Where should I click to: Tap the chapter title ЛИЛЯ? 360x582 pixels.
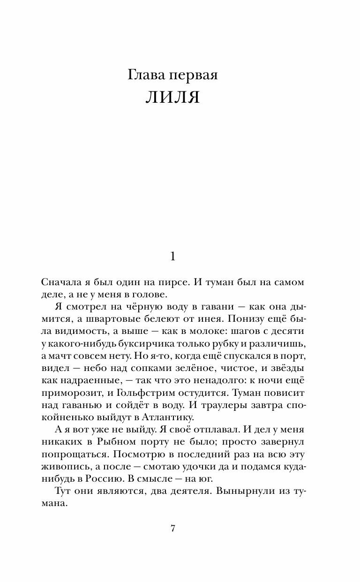point(173,97)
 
